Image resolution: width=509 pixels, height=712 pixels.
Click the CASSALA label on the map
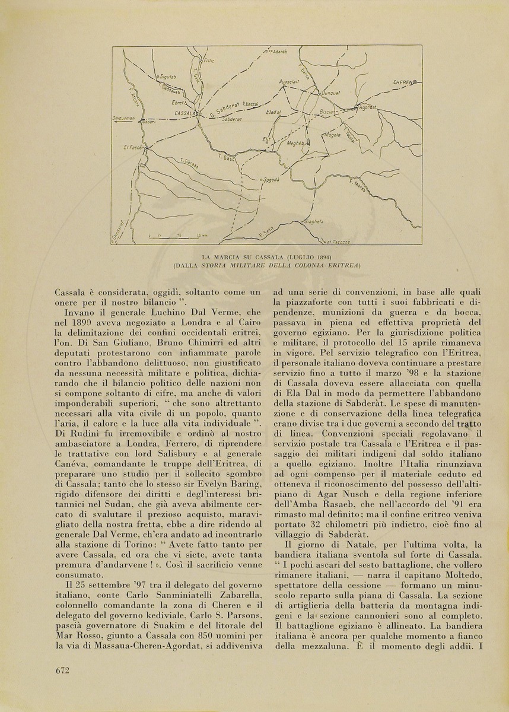coord(185,112)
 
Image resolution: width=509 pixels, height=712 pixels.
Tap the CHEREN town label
coord(405,82)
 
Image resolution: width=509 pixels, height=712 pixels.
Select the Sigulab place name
coord(166,77)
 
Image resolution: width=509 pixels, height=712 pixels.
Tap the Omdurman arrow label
coord(124,119)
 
